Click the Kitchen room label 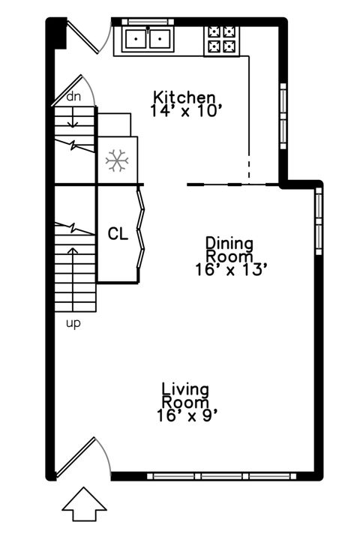tap(184, 97)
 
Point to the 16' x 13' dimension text tap(229, 270)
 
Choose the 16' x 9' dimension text tap(187, 414)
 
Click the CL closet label tap(118, 233)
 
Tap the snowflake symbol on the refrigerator tap(115, 160)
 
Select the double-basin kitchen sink tap(148, 38)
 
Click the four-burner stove tap(222, 40)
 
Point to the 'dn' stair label tap(73, 97)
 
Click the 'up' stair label tap(73, 323)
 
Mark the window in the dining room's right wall tap(318, 221)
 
